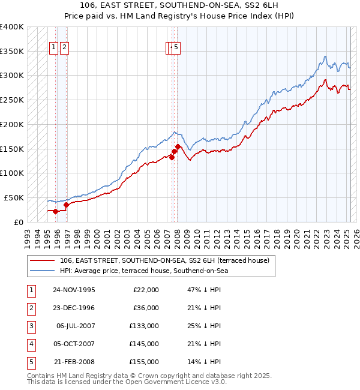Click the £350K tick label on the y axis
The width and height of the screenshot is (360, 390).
click(x=11, y=52)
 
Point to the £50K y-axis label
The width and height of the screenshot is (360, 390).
click(x=14, y=197)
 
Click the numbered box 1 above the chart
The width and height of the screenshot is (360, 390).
click(x=53, y=49)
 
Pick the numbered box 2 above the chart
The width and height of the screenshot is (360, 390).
click(x=64, y=49)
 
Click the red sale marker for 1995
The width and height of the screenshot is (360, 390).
click(x=55, y=211)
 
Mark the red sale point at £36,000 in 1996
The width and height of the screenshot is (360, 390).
click(x=66, y=205)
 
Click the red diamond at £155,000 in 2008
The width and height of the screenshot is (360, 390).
click(x=178, y=146)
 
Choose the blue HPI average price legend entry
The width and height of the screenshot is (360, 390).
click(x=144, y=271)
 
